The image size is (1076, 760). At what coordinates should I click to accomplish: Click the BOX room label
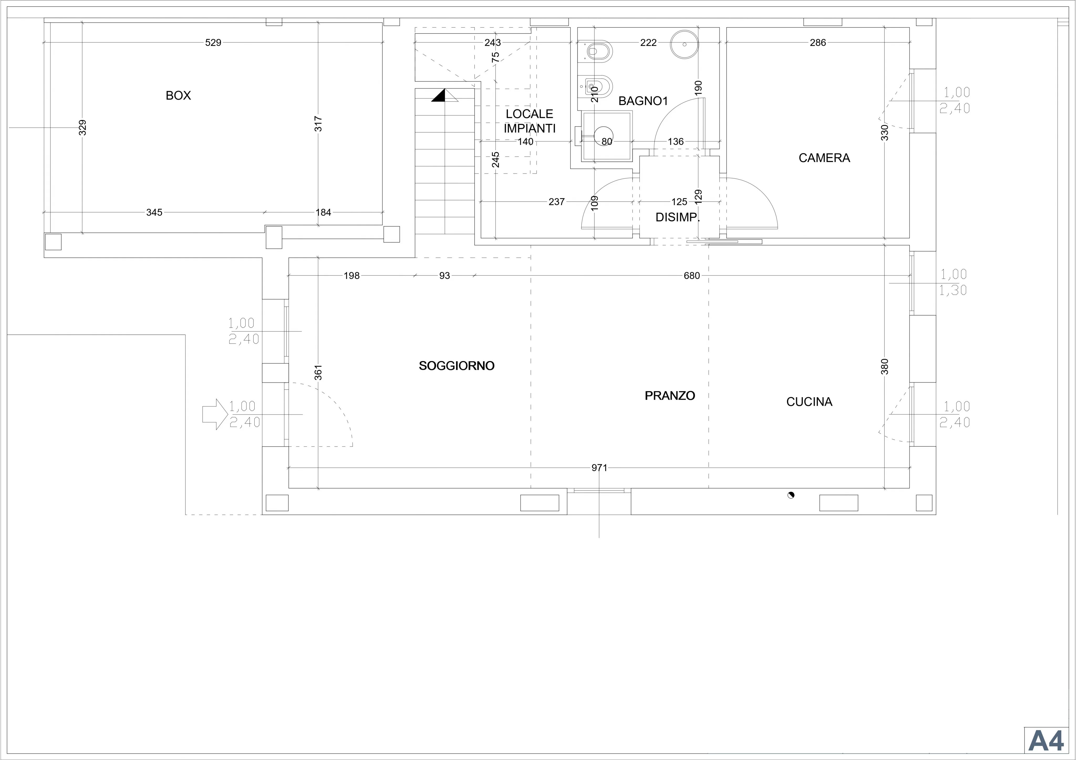pos(178,96)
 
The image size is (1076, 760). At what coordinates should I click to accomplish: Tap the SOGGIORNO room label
pos(457,366)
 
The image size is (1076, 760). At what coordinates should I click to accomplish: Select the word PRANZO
pos(670,396)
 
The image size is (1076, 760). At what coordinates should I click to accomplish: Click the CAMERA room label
pos(824,158)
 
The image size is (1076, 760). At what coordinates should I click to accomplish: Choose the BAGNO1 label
pos(643,101)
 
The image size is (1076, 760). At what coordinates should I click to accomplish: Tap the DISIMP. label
pos(678,217)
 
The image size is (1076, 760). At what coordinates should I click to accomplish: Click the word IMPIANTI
pos(530,128)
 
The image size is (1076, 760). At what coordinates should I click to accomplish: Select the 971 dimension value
pos(599,468)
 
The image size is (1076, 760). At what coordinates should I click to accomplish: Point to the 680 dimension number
pos(692,275)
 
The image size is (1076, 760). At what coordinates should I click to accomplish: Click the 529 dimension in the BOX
pos(213,43)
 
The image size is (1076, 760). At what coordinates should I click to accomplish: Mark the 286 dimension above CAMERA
pos(818,43)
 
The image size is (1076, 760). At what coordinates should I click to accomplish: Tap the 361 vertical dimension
pos(318,372)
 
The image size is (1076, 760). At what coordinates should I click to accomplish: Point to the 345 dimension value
pos(154,212)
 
